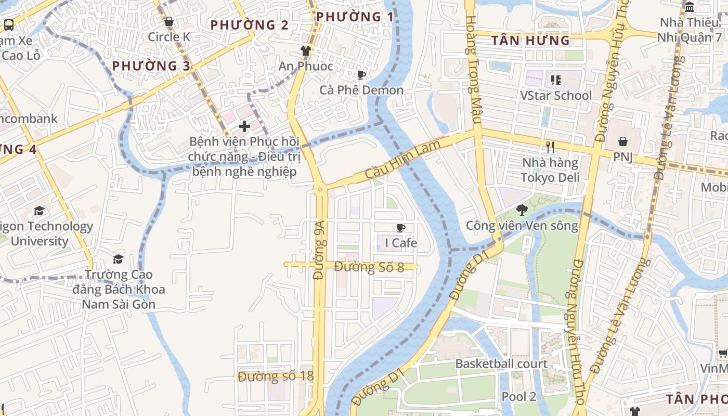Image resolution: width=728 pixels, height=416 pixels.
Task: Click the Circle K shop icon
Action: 169,22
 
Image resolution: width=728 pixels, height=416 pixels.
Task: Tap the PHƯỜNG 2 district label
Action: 250,25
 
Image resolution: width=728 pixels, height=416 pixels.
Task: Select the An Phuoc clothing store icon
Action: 306,51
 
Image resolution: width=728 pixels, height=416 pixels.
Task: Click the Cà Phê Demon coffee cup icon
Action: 361,75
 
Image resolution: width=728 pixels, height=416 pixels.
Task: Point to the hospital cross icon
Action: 244,126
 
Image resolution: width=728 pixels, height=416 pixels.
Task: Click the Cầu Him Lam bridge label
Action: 403,159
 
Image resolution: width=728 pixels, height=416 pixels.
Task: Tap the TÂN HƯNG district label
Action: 530,41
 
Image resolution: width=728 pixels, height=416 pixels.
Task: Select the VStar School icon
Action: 556,80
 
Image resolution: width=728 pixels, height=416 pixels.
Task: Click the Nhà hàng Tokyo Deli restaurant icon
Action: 551,147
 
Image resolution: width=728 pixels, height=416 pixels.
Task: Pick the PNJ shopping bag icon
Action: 622,141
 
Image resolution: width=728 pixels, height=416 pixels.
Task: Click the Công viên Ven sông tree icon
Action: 522,210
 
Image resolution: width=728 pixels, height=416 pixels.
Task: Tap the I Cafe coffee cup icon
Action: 401,228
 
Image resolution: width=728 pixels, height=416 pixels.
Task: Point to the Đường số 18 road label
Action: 276,376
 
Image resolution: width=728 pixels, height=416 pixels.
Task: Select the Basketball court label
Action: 501,363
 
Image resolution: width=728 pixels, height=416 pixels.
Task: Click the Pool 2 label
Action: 518,396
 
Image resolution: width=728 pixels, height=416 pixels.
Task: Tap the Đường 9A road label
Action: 319,250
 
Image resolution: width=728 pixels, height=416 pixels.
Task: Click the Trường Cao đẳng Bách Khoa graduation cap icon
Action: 119,259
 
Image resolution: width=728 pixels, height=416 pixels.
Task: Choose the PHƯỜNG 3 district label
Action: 151,66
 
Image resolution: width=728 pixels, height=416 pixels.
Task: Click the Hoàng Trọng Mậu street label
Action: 472,55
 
